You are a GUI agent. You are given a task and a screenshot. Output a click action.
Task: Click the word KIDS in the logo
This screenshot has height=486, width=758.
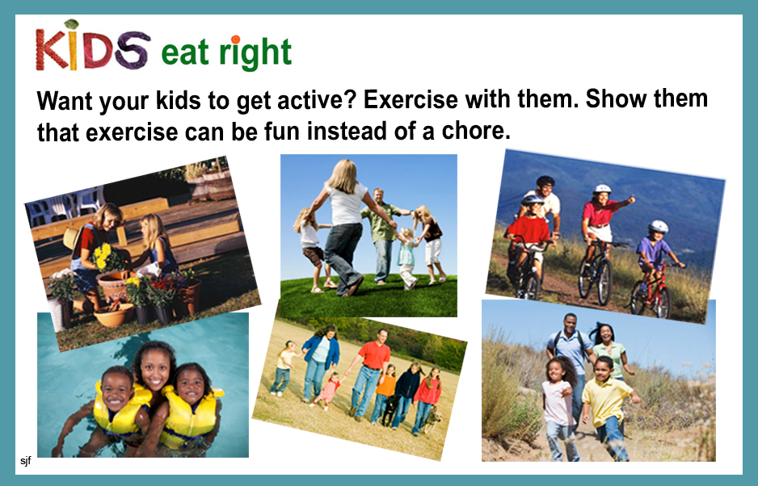coord(93,45)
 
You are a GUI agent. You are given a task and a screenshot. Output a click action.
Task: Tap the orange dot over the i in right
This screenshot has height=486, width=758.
coord(235,39)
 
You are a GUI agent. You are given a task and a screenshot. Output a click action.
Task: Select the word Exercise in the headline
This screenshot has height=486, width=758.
coord(411,100)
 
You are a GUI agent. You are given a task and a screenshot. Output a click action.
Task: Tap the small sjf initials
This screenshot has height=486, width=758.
coord(26,460)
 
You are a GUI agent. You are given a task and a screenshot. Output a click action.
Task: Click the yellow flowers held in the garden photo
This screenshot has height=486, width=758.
coord(103,256)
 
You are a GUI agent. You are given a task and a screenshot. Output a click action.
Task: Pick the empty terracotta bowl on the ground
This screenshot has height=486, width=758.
coord(113,315)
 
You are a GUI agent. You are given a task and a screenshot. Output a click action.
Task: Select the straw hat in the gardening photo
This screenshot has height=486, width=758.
coord(73,238)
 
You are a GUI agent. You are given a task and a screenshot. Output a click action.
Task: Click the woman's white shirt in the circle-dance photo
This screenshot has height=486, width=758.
coord(346,204)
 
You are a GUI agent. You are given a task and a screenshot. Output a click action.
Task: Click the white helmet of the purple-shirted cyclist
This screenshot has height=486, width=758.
coord(658,226)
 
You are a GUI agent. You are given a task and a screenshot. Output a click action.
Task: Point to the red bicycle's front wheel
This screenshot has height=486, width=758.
coord(661,302)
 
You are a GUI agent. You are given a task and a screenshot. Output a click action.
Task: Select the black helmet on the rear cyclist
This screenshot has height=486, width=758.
coord(545,181)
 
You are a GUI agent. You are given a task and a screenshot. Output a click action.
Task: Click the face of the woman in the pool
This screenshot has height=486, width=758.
coord(154,369)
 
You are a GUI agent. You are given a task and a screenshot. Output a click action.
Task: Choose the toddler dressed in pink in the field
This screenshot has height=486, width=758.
coord(329,389)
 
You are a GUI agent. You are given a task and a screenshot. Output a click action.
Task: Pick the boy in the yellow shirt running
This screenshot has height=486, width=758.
coord(607,407)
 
